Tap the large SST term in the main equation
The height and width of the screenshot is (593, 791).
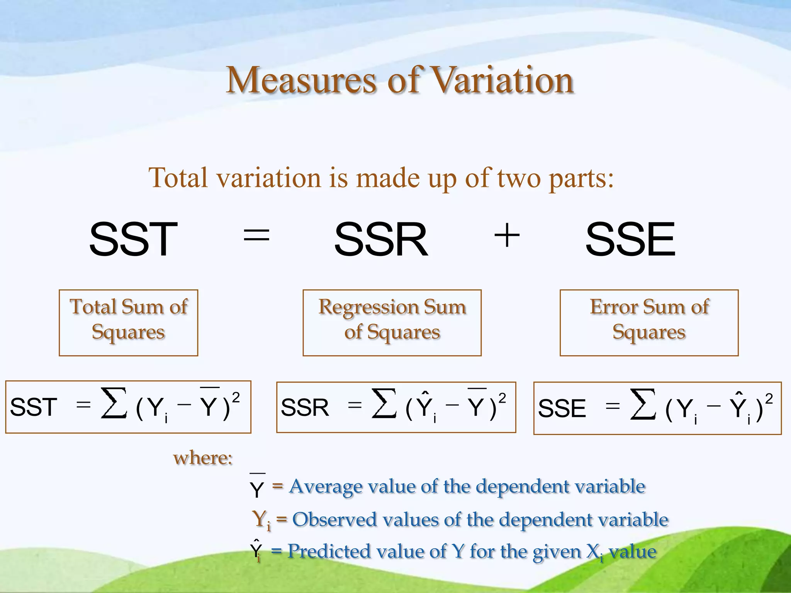[x=133, y=239]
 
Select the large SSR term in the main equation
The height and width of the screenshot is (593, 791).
[x=381, y=239]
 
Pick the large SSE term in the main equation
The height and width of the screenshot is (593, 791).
[x=630, y=239]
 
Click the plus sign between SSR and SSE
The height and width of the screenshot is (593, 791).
[x=507, y=235]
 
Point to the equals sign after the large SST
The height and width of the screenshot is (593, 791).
[x=256, y=235]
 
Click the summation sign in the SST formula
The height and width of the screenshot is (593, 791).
[x=114, y=403]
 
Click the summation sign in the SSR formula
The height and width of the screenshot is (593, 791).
[x=384, y=403]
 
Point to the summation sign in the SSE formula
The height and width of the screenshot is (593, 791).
[x=643, y=404]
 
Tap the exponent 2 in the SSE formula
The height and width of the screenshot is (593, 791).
[x=769, y=398]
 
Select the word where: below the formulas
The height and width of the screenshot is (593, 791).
[x=203, y=458]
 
